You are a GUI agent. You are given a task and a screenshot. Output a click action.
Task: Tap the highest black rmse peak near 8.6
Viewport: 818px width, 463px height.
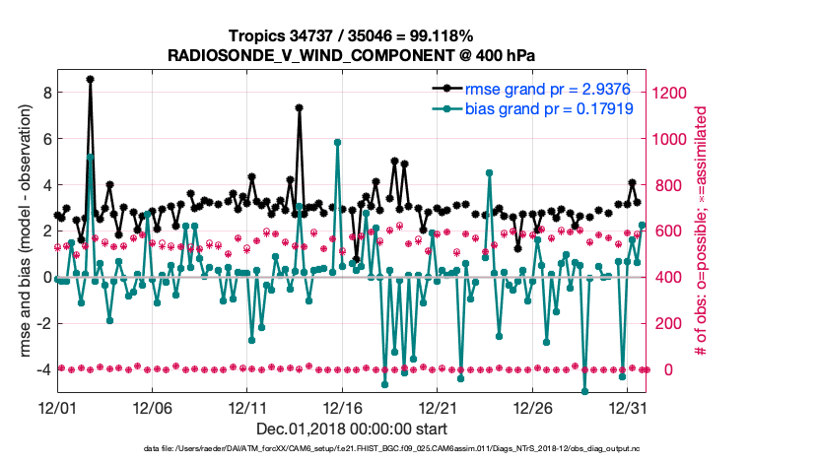(90, 79)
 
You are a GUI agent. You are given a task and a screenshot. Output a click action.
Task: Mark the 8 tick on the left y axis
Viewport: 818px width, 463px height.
(44, 93)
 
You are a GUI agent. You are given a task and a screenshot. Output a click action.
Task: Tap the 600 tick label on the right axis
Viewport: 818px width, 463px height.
(664, 231)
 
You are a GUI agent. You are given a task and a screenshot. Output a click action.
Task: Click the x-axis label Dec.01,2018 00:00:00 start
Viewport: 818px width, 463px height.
(351, 429)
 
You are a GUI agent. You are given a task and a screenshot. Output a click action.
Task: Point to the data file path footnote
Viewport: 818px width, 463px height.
(410, 449)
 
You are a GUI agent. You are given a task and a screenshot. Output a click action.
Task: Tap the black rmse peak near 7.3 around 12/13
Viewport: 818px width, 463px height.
(299, 108)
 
